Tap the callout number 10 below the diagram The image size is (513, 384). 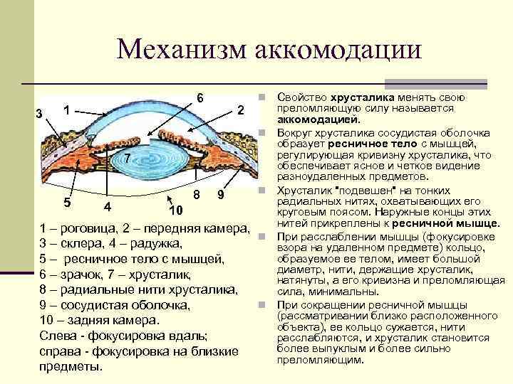tap(177, 210)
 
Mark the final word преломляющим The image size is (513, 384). tap(319, 360)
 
